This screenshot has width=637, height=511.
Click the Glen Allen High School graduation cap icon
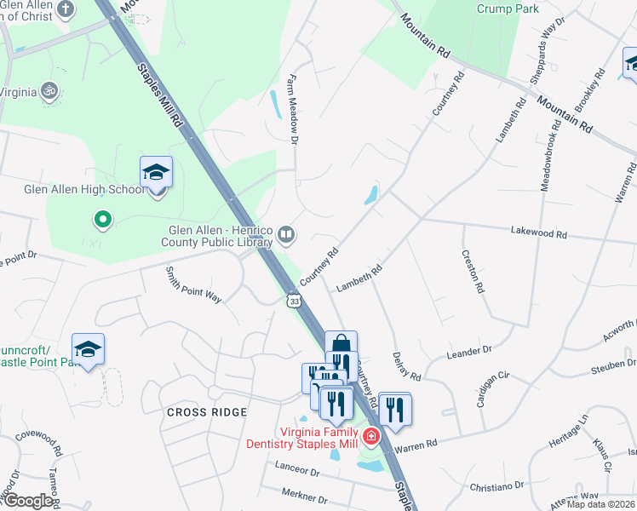(x=156, y=174)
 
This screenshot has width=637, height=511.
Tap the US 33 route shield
(x=295, y=301)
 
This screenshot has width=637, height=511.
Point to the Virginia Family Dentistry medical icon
(x=371, y=438)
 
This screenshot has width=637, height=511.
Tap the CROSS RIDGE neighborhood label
(x=207, y=412)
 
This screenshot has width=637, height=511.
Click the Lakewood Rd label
(x=538, y=233)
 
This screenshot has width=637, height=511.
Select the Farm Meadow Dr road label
(x=295, y=118)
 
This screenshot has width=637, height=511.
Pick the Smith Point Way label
(x=193, y=284)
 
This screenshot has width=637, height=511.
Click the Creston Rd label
(x=473, y=271)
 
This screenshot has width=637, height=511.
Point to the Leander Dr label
(x=470, y=351)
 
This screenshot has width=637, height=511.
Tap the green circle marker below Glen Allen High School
(x=103, y=221)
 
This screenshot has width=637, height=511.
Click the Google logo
(x=27, y=501)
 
